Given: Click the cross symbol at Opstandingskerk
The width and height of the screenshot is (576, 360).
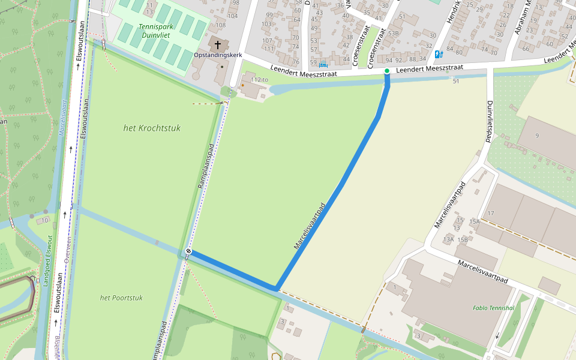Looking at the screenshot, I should [217, 45].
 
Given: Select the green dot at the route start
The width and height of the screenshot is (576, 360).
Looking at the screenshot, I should [387, 71].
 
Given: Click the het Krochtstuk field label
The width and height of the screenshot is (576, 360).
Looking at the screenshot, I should [151, 128].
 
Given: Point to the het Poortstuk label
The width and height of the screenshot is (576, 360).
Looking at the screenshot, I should [121, 298].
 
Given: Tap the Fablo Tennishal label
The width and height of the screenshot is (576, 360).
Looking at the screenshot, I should [493, 308].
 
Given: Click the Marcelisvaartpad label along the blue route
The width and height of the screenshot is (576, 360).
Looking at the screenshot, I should [310, 226].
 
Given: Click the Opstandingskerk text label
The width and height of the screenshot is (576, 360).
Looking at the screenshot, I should [218, 55].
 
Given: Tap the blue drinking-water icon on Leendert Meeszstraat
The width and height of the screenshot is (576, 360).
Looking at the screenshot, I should [439, 54].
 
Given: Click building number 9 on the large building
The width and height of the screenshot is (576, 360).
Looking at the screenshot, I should [537, 136].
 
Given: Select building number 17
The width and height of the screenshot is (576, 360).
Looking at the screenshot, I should [490, 214].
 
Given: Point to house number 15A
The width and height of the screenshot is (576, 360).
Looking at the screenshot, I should [475, 221].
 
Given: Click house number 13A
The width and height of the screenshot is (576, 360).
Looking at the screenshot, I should [448, 239].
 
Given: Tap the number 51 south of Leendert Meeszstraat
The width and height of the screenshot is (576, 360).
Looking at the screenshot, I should [456, 81].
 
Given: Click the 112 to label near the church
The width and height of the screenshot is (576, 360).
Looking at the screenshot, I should [259, 79].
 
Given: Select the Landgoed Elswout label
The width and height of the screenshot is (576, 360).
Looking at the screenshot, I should [47, 260].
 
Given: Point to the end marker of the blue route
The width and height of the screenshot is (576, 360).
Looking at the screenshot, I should [188, 251].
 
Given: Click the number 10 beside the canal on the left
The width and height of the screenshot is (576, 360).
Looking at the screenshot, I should [46, 221].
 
